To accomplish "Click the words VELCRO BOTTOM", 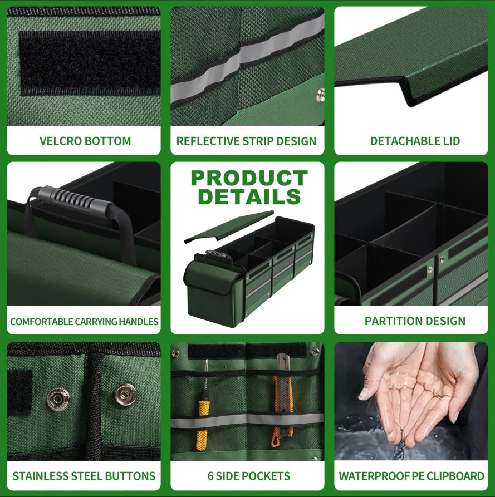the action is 85,141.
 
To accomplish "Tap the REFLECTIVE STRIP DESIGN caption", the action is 247,141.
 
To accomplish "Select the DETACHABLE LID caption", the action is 415,141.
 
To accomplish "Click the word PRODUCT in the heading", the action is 249,178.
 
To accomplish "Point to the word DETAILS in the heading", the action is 249,197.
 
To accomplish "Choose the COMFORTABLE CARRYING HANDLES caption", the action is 84,322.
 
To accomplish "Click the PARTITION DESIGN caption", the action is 415,321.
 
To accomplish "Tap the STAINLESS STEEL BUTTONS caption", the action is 84,476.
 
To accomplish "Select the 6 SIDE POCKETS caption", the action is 249,476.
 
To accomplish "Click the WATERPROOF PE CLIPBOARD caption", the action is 411,476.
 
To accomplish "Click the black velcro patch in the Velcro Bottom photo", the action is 90,63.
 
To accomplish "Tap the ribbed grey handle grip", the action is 75,199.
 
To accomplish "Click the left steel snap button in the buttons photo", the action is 58,399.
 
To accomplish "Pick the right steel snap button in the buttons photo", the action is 125,395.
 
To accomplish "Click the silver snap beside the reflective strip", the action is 321,95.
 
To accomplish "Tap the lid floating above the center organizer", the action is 229,227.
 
